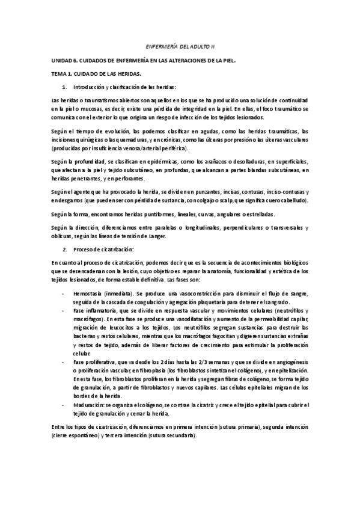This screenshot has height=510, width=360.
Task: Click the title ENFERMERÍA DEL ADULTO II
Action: [180, 46]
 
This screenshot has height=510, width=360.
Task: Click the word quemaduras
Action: [124, 140]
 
